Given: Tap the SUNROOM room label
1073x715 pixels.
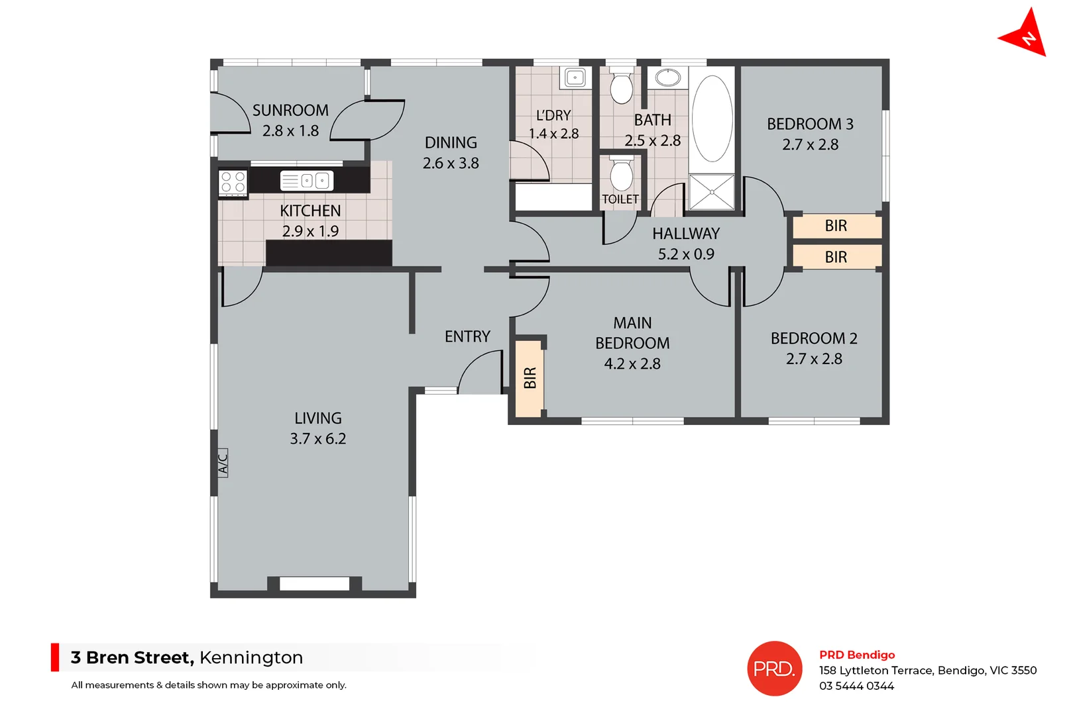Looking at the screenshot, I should (290, 110).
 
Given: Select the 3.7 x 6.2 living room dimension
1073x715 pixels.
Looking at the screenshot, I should (317, 438).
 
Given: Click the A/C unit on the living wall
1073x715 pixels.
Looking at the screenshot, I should (223, 462).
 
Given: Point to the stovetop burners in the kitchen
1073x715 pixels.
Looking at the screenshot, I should (233, 182).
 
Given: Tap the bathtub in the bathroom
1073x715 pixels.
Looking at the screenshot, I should (712, 119).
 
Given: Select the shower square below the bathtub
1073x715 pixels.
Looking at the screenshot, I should (711, 192).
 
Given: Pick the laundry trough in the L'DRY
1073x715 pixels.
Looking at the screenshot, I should (575, 77).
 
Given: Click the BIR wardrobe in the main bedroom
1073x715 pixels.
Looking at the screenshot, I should (530, 378).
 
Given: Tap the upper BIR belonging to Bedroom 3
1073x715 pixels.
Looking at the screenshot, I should (836, 226).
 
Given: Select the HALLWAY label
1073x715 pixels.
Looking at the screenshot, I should (685, 234).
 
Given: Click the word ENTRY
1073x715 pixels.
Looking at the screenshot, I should (467, 336).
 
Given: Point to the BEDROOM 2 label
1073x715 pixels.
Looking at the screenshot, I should (813, 338).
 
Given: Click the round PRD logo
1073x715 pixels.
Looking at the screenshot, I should (774, 668).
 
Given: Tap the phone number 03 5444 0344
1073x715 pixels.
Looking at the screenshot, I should (856, 686).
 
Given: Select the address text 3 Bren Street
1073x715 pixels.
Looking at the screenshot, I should (132, 657).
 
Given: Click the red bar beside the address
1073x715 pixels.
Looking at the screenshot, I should (55, 657).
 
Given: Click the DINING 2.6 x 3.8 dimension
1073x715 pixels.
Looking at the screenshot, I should (451, 163).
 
